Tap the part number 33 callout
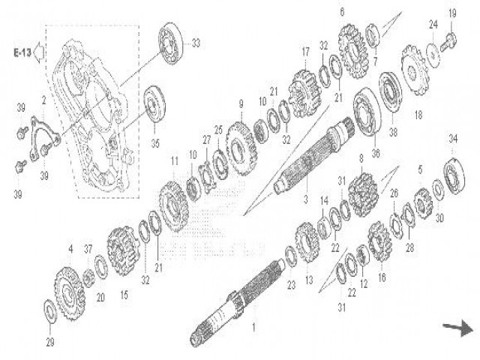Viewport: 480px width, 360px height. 196,44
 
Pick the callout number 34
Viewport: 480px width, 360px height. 452,138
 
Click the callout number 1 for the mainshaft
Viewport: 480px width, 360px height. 253,328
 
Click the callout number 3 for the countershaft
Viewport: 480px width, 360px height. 305,202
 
